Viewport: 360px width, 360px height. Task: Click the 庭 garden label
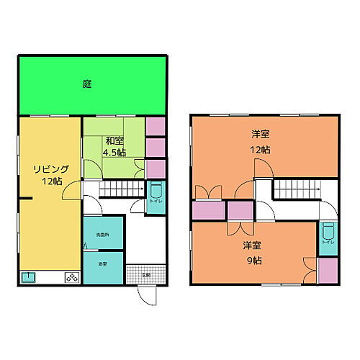[86, 84]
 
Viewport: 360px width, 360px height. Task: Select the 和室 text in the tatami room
[113, 140]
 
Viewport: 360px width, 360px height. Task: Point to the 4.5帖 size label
[114, 153]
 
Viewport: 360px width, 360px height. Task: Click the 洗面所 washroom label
[103, 235]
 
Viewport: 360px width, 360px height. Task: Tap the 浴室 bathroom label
[103, 264]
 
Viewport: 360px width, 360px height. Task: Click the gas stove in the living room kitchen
[72, 277]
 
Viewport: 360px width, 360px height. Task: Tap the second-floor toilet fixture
[328, 234]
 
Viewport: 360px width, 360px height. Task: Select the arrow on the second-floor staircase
[313, 189]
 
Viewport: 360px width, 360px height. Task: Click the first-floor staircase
[120, 189]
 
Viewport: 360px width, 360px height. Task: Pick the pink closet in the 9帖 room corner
[328, 270]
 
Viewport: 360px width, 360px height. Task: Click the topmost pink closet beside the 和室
[156, 126]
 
